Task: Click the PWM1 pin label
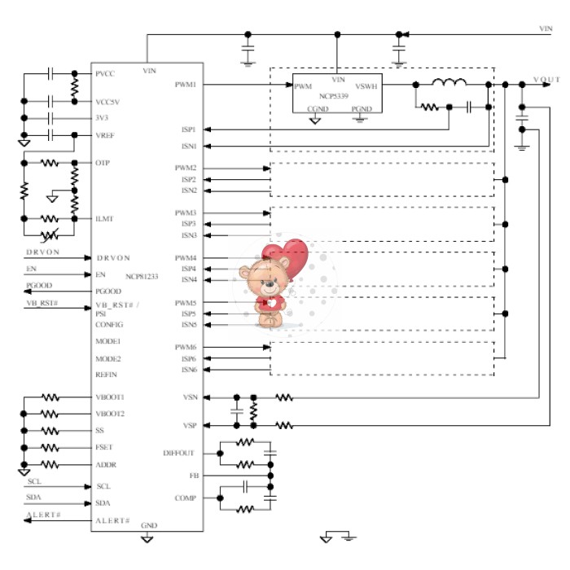tap(186, 85)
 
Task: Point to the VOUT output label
tap(546, 79)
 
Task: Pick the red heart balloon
tap(291, 255)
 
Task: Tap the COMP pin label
tap(185, 498)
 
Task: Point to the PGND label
tap(361, 108)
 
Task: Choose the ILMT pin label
tap(103, 218)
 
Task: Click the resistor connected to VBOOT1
tap(50, 397)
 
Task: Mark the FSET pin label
tap(106, 448)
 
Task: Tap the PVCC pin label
tap(105, 74)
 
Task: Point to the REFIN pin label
tap(107, 375)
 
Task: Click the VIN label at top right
tap(546, 28)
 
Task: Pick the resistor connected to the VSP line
tap(284, 424)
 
